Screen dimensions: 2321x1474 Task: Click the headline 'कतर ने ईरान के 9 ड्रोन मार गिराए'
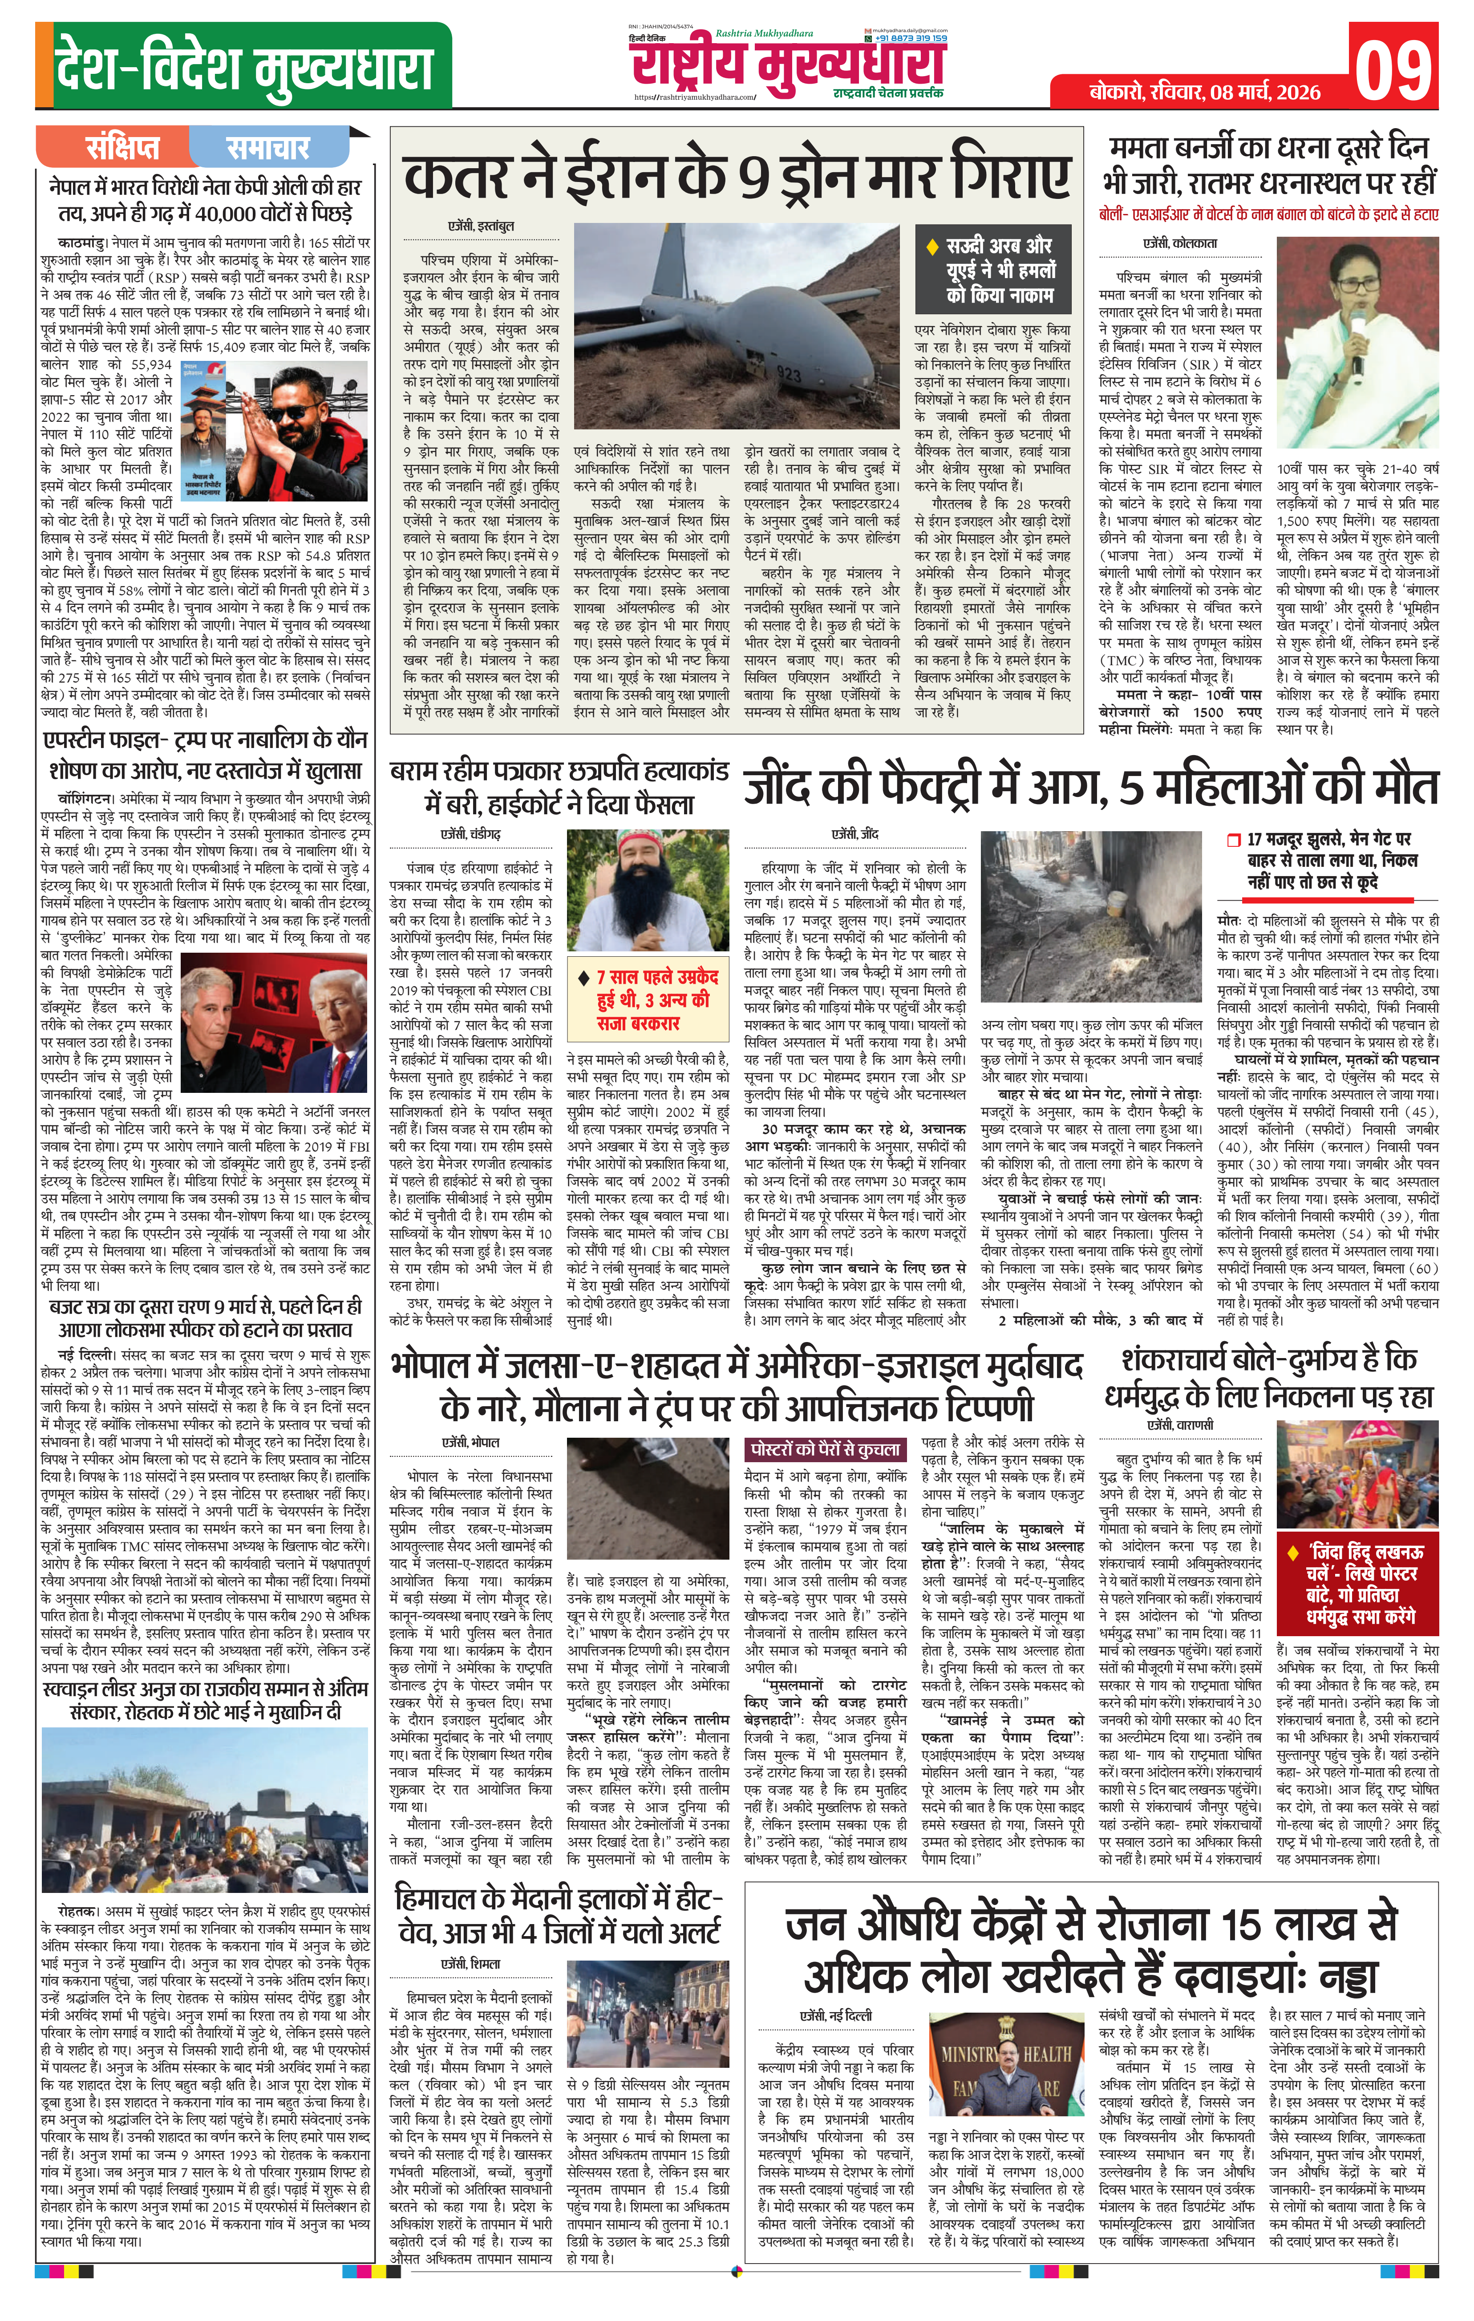click(737, 179)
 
